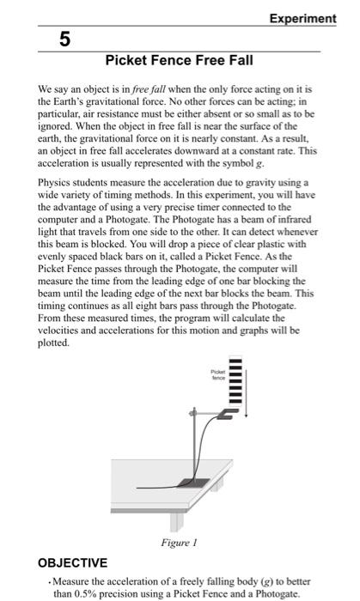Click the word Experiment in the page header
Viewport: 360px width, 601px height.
click(x=303, y=18)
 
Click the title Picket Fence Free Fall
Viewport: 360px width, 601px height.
click(x=179, y=61)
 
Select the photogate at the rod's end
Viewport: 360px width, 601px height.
click(x=225, y=414)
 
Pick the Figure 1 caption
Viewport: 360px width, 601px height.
click(x=180, y=543)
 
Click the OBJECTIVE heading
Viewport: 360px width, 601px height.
click(x=74, y=563)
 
